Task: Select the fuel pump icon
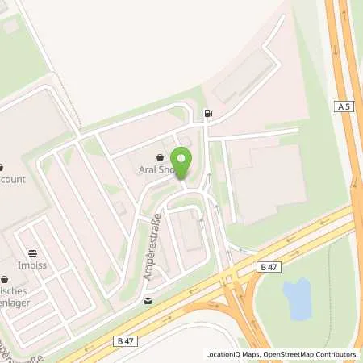(x=209, y=114)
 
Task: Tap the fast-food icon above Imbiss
(x=31, y=252)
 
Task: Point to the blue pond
(x=297, y=298)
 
